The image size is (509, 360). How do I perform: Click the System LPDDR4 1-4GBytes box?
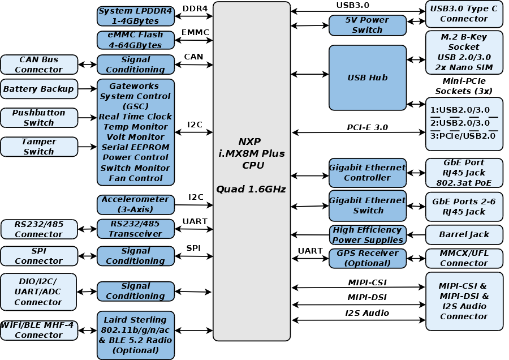click(136, 16)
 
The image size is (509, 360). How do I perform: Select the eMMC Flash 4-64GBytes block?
click(136, 40)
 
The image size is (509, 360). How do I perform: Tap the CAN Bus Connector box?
click(39, 65)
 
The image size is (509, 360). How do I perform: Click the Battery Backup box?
click(39, 89)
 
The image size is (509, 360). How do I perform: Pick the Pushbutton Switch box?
click(39, 118)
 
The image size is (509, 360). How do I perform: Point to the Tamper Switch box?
click(39, 147)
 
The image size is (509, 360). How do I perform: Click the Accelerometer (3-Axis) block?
click(136, 204)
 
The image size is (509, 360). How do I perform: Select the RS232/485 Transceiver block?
click(136, 229)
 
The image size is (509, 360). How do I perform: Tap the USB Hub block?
click(368, 78)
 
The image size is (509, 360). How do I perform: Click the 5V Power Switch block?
click(368, 25)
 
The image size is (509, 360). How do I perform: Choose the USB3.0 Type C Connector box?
click(464, 14)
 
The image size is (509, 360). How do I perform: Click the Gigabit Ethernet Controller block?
click(368, 173)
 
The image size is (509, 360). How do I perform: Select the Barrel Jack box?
click(464, 234)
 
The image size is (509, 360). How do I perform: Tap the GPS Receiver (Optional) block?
click(368, 258)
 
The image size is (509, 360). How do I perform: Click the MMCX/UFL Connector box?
click(464, 258)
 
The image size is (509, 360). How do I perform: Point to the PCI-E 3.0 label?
click(367, 127)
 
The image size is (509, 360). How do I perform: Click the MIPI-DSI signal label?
click(367, 297)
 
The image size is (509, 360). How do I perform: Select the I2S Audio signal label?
click(367, 313)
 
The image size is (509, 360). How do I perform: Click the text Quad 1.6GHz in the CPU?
click(251, 189)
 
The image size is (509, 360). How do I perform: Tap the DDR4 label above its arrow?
click(195, 8)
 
